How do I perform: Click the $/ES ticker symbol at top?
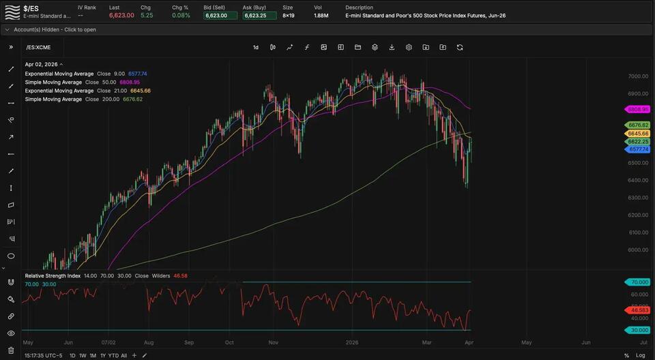(31, 8)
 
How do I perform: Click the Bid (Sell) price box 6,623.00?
(220, 15)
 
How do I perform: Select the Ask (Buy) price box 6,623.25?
(259, 15)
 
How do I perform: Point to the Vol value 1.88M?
(321, 15)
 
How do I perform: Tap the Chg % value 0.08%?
(181, 15)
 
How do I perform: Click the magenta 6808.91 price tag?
(639, 109)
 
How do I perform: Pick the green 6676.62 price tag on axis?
(639, 125)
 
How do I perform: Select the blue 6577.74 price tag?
(639, 149)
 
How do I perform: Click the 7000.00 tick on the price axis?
(638, 76)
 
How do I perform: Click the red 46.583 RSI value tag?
(639, 310)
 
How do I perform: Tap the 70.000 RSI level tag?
(639, 282)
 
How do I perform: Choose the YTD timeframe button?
(113, 355)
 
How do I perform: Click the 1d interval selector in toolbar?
(256, 47)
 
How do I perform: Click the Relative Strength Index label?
(57, 276)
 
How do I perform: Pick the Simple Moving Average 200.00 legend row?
(83, 100)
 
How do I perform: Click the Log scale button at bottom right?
(640, 355)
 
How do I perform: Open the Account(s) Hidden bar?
(55, 30)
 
